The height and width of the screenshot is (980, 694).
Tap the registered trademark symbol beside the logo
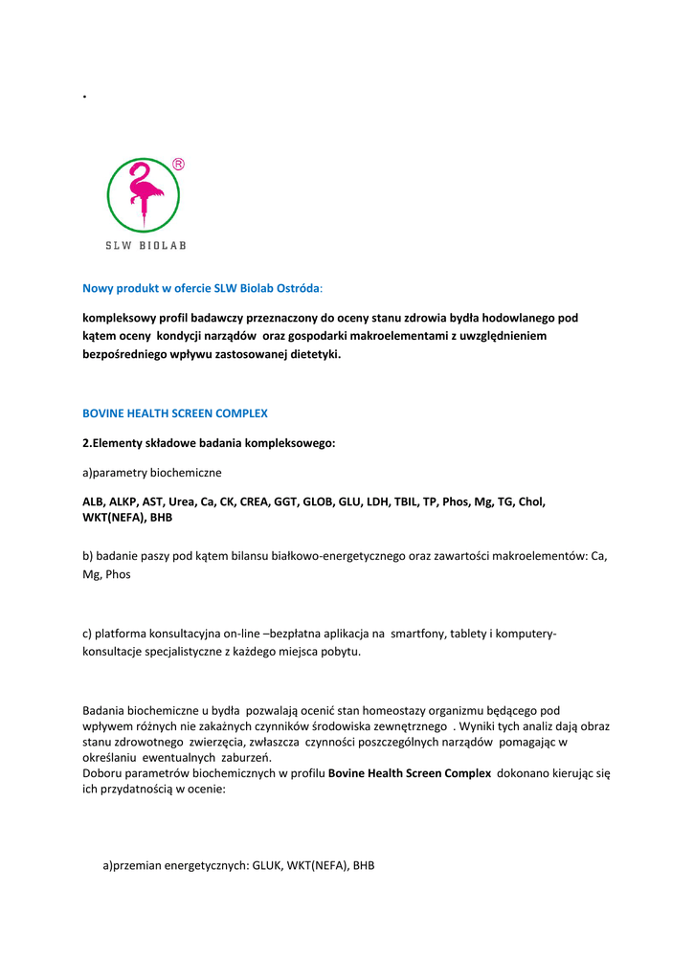178,165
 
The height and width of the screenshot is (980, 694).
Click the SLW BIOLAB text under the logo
146,245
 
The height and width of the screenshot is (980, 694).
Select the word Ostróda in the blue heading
297,287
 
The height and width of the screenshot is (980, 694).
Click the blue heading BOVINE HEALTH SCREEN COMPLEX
175,413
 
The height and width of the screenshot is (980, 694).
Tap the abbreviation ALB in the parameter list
93,501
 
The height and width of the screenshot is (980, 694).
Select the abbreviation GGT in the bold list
286,501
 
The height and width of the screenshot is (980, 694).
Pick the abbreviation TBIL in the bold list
408,501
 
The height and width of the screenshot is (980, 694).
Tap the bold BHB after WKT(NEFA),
160,517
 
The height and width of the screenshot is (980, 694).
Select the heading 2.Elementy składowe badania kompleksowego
209,443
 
